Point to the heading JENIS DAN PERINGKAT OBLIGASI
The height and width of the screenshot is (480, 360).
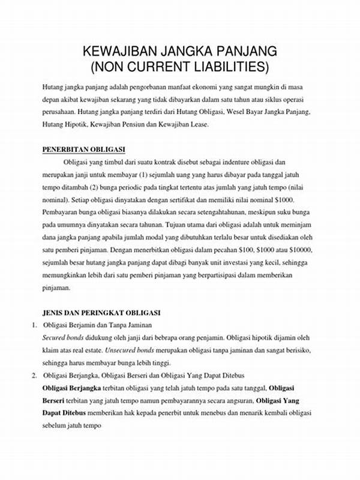[100, 313]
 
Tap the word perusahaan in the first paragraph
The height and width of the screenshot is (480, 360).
[60, 112]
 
